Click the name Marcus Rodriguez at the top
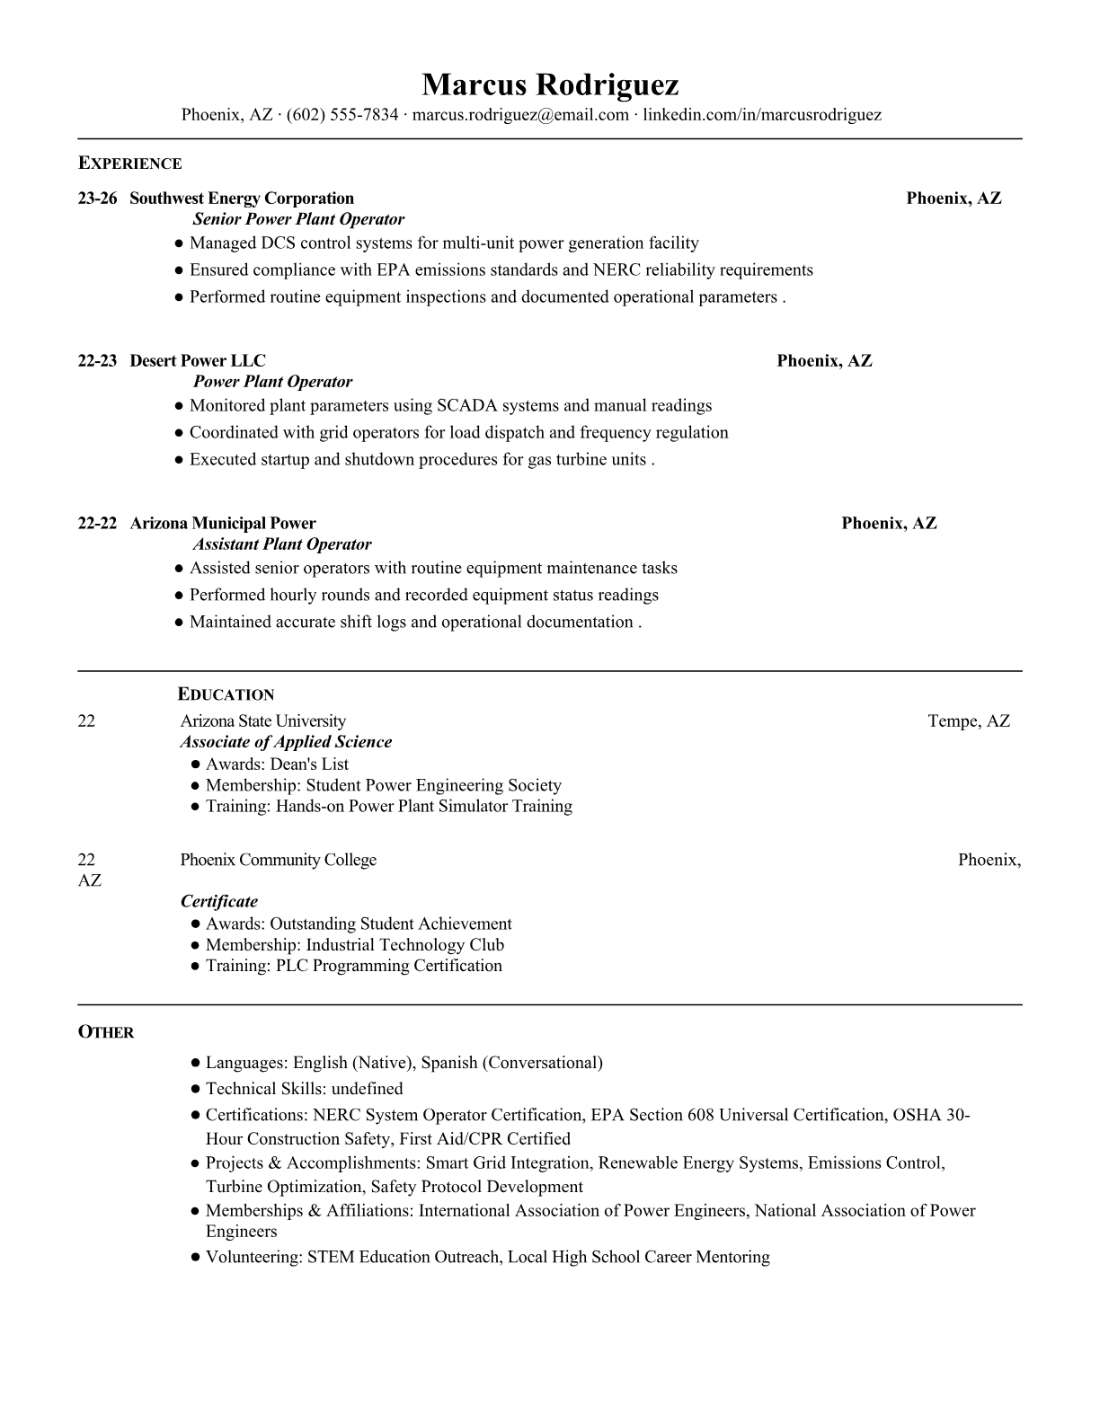click(550, 84)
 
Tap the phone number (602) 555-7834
click(342, 115)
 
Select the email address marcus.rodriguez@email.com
click(520, 115)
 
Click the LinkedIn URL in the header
click(762, 115)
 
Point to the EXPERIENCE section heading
click(129, 164)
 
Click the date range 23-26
click(97, 199)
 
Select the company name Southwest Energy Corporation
click(242, 199)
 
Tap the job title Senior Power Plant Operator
click(298, 219)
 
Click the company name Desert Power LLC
click(198, 361)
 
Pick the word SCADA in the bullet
click(466, 406)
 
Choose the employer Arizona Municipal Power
click(223, 524)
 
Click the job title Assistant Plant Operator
click(281, 544)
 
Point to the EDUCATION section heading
click(226, 694)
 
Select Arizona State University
click(262, 721)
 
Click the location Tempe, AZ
click(969, 721)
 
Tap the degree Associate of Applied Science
click(286, 742)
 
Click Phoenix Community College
click(278, 860)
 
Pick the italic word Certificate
click(219, 902)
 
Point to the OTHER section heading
click(106, 1032)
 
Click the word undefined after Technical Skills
click(367, 1089)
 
